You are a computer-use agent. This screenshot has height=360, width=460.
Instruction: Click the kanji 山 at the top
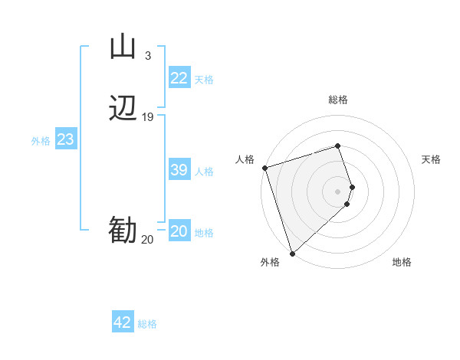(x=123, y=47)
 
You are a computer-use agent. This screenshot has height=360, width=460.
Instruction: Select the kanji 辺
(x=123, y=109)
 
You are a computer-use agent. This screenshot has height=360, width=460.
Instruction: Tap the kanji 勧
(x=123, y=231)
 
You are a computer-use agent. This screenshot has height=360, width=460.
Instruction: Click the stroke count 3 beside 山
(x=147, y=55)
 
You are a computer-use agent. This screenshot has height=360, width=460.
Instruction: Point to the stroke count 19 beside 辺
(x=147, y=117)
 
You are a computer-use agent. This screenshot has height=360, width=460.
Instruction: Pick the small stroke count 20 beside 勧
(x=147, y=240)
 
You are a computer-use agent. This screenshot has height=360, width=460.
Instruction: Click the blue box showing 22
(x=179, y=78)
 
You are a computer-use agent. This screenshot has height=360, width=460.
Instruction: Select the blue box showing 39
(x=179, y=170)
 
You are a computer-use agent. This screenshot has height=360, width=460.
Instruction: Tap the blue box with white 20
(x=179, y=231)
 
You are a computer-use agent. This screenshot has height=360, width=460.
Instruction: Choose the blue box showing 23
(x=66, y=139)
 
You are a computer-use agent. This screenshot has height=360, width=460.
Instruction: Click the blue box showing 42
(x=123, y=322)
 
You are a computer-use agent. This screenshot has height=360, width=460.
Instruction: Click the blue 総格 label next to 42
(x=147, y=324)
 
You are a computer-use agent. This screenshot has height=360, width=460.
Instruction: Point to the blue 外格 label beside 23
(x=41, y=141)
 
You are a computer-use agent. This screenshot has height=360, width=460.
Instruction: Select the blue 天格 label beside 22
(x=204, y=80)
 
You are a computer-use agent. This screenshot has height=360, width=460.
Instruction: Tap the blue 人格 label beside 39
(x=204, y=172)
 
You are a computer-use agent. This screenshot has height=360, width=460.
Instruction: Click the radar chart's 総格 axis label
(x=338, y=100)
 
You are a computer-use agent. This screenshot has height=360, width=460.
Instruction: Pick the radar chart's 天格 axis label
(x=431, y=159)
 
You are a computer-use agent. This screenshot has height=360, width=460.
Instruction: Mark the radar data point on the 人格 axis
(x=264, y=168)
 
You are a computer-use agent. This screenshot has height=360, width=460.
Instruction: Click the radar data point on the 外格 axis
(x=292, y=253)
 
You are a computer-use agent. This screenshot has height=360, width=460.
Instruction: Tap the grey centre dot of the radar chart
(x=338, y=191)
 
